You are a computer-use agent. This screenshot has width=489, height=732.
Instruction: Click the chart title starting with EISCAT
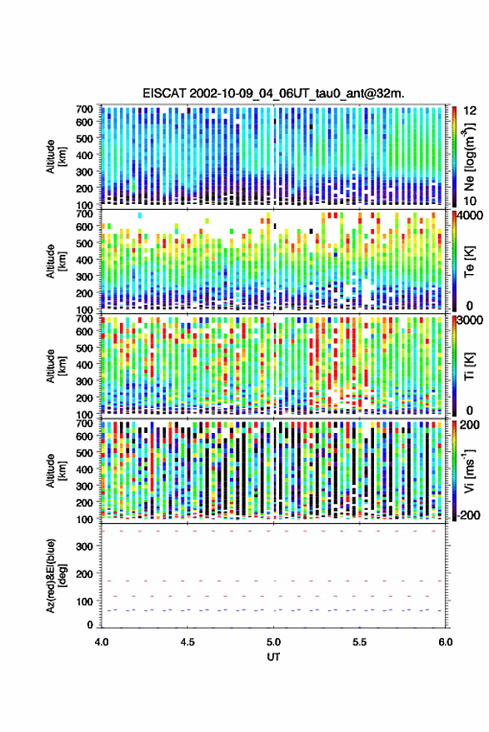tap(273, 93)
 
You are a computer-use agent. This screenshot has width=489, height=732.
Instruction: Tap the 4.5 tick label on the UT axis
tap(187, 642)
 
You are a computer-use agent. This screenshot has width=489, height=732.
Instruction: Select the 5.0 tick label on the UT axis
tap(274, 642)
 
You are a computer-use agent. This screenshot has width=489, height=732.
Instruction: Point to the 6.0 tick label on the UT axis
tap(446, 642)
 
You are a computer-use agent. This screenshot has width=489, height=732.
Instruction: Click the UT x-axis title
tap(273, 657)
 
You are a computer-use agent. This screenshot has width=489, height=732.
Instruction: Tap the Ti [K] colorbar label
tap(469, 366)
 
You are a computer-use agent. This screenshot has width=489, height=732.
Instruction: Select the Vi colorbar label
tap(469, 471)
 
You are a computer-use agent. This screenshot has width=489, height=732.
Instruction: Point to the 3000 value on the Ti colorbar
tap(471, 321)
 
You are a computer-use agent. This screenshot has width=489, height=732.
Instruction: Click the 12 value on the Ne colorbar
tap(470, 111)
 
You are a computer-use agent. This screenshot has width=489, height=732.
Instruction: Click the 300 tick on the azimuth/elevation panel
tap(84, 546)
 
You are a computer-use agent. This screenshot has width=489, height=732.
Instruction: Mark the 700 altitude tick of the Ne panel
tap(84, 109)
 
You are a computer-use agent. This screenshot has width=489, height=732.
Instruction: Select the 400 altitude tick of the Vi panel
tap(84, 469)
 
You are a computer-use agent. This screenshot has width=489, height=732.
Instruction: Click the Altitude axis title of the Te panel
tap(57, 261)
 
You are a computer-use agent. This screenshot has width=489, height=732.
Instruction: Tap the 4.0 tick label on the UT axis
tap(102, 642)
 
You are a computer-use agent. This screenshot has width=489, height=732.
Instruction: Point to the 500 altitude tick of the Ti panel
tap(84, 348)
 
